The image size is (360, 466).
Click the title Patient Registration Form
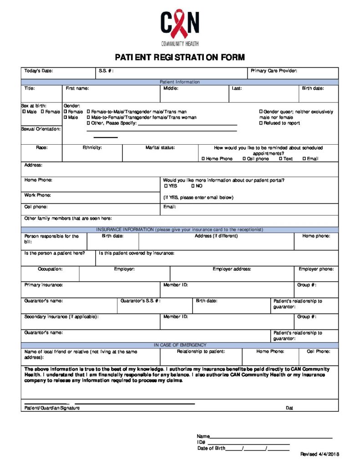(180, 57)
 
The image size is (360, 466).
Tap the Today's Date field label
(39, 71)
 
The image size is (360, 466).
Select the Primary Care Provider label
(274, 71)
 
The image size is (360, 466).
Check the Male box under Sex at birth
(24, 112)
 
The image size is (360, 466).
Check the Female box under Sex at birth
(42, 112)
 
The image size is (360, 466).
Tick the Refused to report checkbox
(261, 123)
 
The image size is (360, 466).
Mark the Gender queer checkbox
(261, 112)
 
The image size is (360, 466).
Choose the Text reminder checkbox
(281, 159)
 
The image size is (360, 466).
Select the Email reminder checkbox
(304, 159)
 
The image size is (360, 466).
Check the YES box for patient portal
(166, 186)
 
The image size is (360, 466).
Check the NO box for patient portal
(193, 186)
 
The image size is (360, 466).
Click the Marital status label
(160, 148)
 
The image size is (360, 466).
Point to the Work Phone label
(38, 195)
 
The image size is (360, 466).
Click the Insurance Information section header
(180, 230)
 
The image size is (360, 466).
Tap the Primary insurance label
(44, 285)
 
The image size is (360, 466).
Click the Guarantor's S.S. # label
(141, 301)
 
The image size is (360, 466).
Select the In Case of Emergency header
(180, 345)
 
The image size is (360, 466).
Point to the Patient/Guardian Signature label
(52, 408)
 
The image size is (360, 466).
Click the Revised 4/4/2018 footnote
(319, 455)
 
